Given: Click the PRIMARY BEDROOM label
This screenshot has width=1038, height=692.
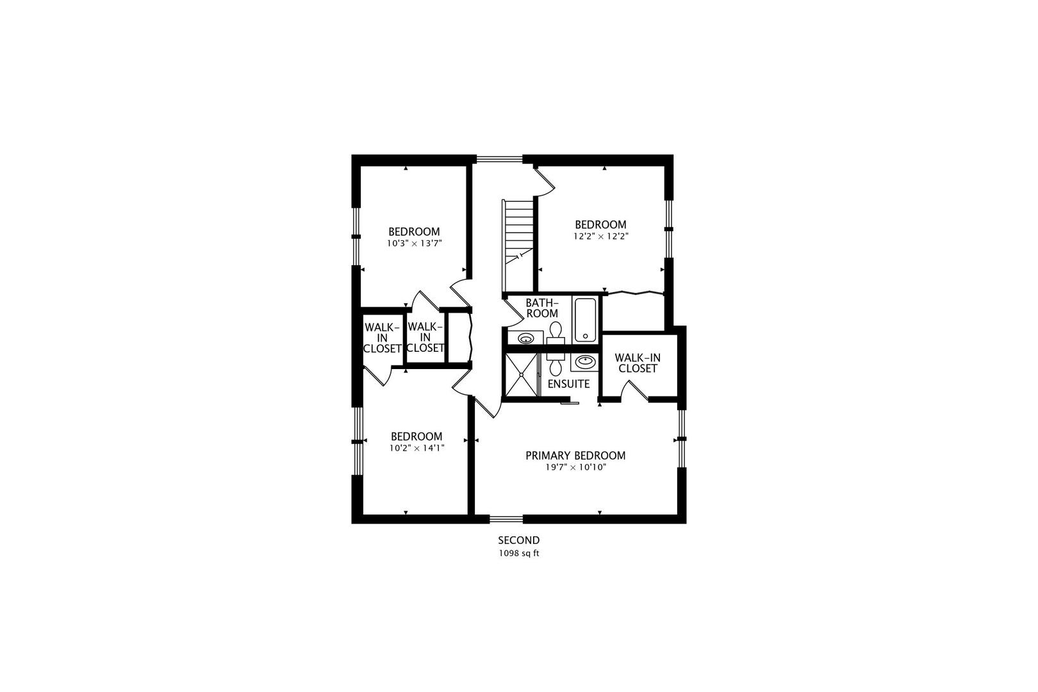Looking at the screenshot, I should [x=575, y=456].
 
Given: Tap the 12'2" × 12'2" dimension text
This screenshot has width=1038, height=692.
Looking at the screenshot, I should [x=600, y=236].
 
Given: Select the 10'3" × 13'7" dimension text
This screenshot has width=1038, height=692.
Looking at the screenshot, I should [x=415, y=243].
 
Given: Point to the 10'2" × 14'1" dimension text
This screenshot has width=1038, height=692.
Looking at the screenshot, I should [x=416, y=449].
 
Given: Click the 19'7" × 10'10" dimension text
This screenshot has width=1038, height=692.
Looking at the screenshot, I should [x=575, y=468].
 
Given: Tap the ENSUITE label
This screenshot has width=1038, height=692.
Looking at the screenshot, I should [x=568, y=384].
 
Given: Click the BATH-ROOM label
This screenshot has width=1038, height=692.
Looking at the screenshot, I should [x=542, y=308].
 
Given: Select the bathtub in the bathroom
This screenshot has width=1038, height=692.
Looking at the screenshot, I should [x=585, y=320].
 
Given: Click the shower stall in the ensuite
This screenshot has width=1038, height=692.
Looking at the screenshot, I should [x=520, y=374].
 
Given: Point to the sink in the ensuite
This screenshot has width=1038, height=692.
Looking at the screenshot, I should [x=584, y=363].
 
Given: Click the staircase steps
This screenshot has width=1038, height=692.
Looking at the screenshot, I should [x=518, y=231].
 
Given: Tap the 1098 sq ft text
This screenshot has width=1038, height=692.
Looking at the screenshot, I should [x=519, y=553].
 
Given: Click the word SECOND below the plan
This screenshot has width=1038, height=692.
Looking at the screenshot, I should [x=519, y=541].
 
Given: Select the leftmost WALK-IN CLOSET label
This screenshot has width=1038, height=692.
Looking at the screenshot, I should [x=383, y=338].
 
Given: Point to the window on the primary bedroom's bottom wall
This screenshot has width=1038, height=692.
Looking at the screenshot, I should [x=506, y=518].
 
